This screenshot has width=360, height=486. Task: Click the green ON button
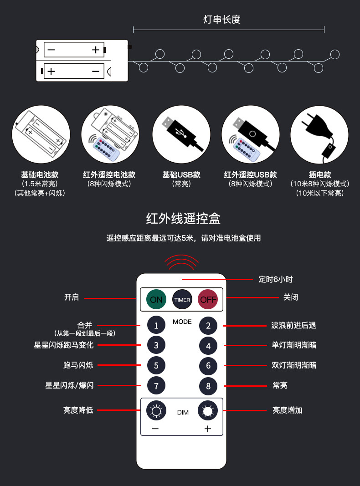click(x=156, y=299)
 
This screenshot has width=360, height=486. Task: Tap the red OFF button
click(x=208, y=299)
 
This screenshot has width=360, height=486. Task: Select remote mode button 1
click(x=156, y=325)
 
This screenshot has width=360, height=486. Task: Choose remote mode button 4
click(x=208, y=346)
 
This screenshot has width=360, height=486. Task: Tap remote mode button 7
click(x=156, y=386)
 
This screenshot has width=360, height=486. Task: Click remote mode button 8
click(x=208, y=386)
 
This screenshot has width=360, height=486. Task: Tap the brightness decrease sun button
click(x=156, y=411)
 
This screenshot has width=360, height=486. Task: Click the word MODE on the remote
click(x=182, y=322)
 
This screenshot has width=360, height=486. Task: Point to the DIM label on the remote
click(x=183, y=413)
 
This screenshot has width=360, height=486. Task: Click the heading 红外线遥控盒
click(x=183, y=219)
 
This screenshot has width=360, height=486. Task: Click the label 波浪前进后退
click(x=293, y=325)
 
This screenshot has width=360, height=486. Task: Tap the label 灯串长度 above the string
click(x=221, y=20)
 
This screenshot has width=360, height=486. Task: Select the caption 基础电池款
click(x=40, y=175)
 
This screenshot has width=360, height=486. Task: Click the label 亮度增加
click(x=287, y=410)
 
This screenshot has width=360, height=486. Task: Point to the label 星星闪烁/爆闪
click(x=69, y=385)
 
